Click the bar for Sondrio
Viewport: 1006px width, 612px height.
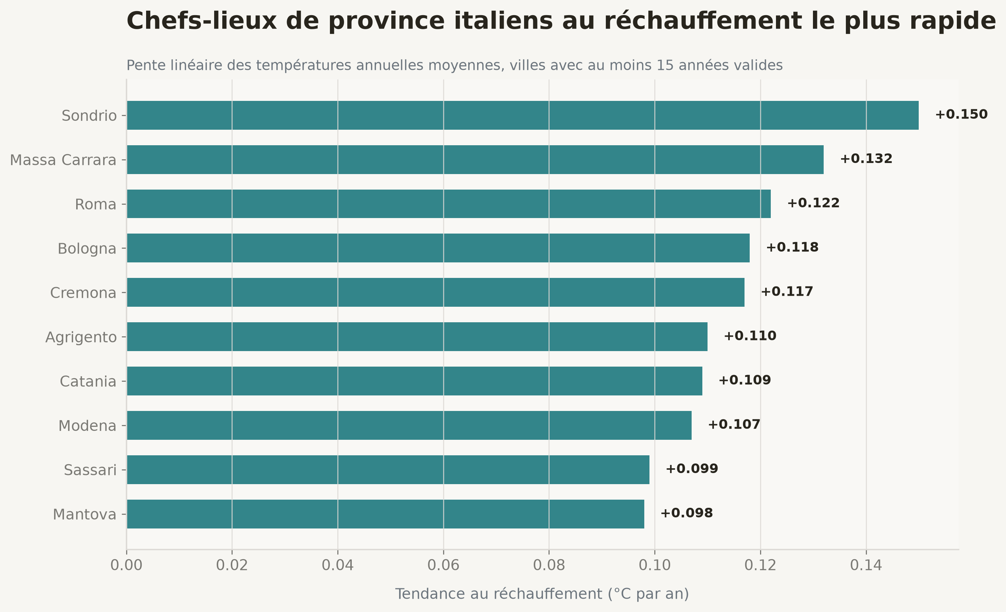pyautogui.click(x=523, y=115)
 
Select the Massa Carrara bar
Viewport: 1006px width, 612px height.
pyautogui.click(x=475, y=160)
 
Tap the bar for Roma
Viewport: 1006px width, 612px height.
pyautogui.click(x=449, y=204)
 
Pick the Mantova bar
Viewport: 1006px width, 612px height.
pyautogui.click(x=385, y=514)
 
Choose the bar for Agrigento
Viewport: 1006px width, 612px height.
pyautogui.click(x=417, y=337)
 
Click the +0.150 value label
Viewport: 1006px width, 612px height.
pyautogui.click(x=962, y=115)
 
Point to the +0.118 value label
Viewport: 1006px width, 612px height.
pyautogui.click(x=793, y=247)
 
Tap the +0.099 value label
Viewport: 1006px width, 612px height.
pyautogui.click(x=692, y=469)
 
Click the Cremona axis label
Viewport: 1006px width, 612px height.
pyautogui.click(x=83, y=293)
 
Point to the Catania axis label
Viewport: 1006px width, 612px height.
pyautogui.click(x=88, y=381)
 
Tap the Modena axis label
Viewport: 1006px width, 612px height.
pyautogui.click(x=87, y=426)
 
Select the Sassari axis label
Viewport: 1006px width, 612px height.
pyautogui.click(x=90, y=470)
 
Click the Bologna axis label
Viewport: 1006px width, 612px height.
pyautogui.click(x=87, y=249)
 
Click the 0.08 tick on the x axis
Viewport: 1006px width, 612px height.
pyautogui.click(x=549, y=565)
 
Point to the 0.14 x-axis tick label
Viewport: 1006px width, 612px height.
pyautogui.click(x=866, y=565)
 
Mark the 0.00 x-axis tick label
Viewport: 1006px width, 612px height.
pyautogui.click(x=126, y=565)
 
